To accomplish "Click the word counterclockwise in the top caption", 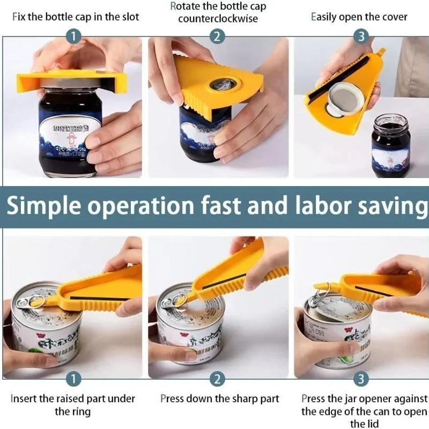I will click(218, 19).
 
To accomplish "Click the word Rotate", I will click(184, 7).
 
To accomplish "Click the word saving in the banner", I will click(390, 206).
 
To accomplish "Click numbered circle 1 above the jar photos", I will click(73, 36).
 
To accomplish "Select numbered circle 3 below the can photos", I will click(361, 379).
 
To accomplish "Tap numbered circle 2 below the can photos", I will click(217, 379).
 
